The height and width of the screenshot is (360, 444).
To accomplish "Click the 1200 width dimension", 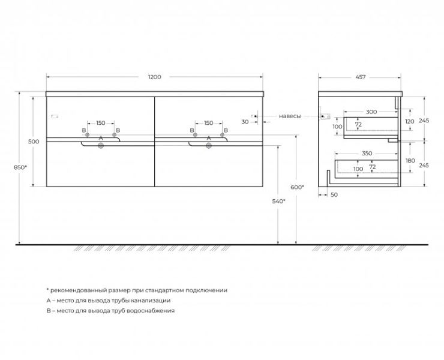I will point(155,77).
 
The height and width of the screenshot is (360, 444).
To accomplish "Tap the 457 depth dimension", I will point(360,77).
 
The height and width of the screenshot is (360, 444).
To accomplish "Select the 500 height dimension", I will point(34,142).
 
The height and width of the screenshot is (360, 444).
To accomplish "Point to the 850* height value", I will point(20,167).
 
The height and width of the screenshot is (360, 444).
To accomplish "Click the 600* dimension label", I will point(298,187).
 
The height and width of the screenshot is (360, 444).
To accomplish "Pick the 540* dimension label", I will point(279,200).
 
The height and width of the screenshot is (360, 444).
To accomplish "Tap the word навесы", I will point(290,116).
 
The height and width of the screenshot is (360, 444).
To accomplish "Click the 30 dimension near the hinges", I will point(245,122).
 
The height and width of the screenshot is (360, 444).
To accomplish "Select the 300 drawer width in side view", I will point(371,112).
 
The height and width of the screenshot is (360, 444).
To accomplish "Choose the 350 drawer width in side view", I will point(367,154).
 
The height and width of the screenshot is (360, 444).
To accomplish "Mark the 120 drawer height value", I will point(409,121).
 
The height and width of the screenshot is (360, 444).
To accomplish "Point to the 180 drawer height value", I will point(409,161).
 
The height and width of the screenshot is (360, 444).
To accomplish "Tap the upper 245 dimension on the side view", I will point(424,121).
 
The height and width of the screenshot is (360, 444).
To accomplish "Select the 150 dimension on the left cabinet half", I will point(101,123).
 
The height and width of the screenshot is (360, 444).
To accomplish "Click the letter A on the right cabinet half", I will point(209,138).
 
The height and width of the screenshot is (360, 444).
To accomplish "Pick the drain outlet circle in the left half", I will point(101,145).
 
